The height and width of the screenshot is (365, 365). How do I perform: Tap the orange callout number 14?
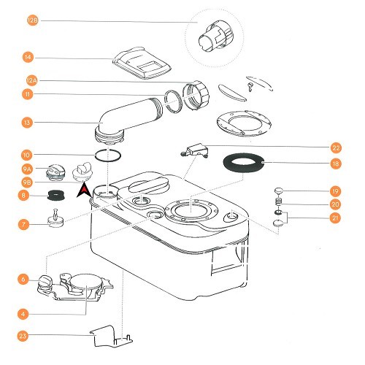point(28,57)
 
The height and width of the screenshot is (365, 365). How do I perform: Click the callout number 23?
point(24,337)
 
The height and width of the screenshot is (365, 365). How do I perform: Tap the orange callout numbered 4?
point(24,314)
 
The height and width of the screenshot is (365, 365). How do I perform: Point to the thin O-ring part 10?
point(107,155)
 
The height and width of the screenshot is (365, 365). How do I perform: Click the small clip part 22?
point(194,150)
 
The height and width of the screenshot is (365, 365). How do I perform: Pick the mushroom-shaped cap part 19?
point(278,192)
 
